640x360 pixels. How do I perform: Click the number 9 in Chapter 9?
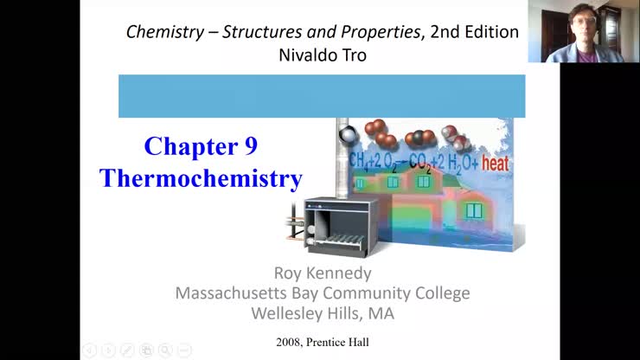250,146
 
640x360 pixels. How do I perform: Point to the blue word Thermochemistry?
201,178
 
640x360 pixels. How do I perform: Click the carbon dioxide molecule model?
421,138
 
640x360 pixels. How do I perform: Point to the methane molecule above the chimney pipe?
347,134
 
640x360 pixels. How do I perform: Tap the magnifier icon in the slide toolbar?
164,350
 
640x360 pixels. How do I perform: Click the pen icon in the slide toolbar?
127,350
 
